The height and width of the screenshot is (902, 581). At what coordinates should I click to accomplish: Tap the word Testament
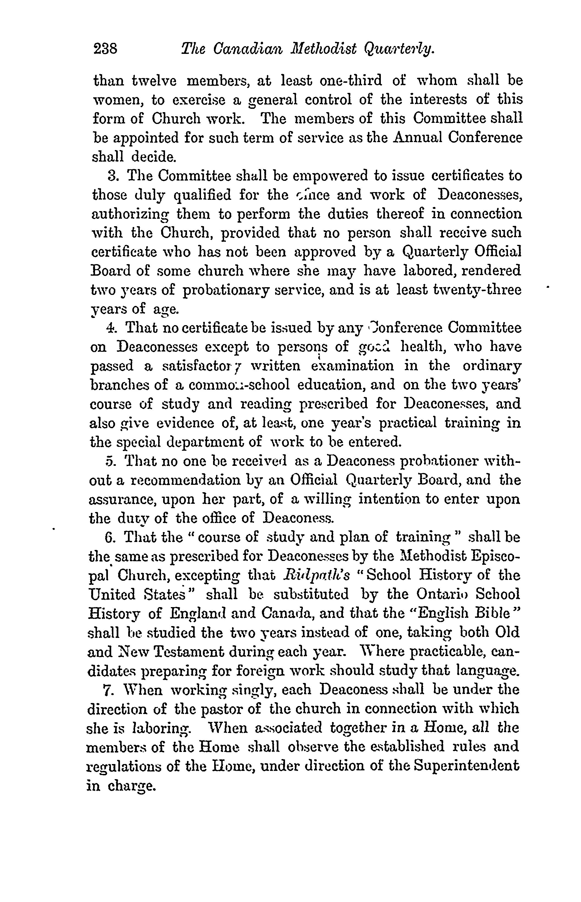185,652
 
